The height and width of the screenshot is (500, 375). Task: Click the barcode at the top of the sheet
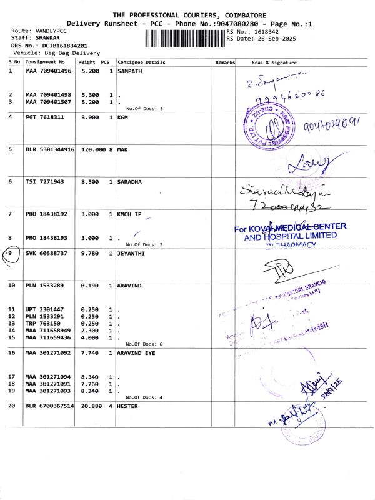tap(184, 39)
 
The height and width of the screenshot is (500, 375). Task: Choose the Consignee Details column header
tap(141, 62)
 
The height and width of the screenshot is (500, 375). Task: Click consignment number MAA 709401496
tap(49, 71)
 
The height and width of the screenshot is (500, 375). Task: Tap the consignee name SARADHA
tap(129, 182)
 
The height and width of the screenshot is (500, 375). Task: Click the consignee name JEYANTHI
tap(131, 253)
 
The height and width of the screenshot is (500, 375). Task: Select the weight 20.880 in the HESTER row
tap(92, 406)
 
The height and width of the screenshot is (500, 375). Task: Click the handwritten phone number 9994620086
tap(286, 97)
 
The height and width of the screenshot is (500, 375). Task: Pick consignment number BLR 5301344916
tap(50, 149)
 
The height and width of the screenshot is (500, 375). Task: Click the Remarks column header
tap(225, 62)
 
